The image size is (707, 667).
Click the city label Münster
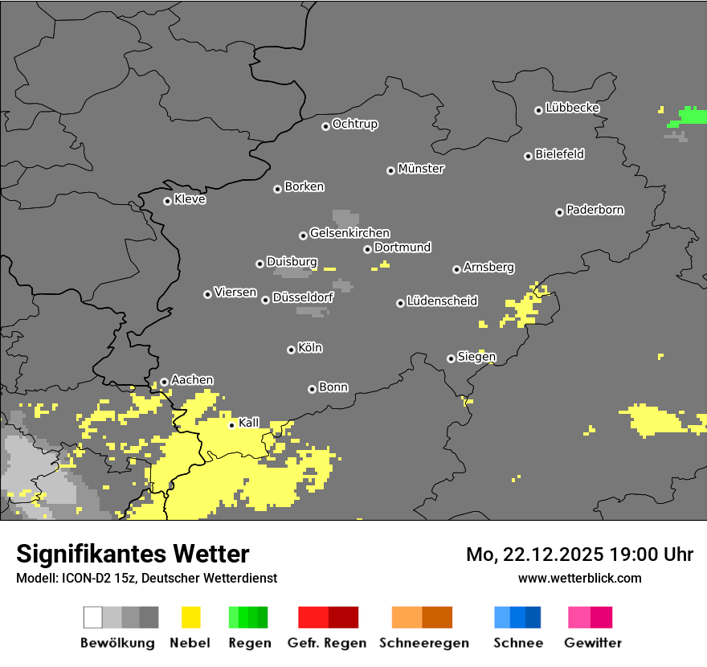(x=421, y=169)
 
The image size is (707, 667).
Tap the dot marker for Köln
(x=291, y=350)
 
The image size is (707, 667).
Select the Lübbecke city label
(x=572, y=108)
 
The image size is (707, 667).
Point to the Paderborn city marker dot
(x=559, y=212)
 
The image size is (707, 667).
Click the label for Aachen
(x=192, y=380)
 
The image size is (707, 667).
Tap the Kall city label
(x=249, y=423)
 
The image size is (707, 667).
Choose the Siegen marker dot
(x=451, y=358)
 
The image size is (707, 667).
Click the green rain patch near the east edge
(x=689, y=116)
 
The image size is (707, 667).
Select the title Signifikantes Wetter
(x=133, y=554)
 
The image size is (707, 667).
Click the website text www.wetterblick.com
(x=579, y=578)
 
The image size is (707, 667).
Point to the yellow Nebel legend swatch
(x=190, y=617)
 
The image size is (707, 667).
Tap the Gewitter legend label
(x=592, y=643)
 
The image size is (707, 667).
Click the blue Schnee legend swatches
(x=517, y=617)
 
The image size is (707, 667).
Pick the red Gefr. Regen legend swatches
(x=328, y=617)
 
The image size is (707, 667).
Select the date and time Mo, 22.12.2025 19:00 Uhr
(x=579, y=554)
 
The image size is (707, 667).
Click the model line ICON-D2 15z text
(x=146, y=578)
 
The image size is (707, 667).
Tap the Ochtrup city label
(x=355, y=124)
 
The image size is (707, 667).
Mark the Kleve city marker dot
(x=167, y=201)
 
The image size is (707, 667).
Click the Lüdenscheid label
(x=442, y=301)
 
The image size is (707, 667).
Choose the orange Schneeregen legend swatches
(x=422, y=617)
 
